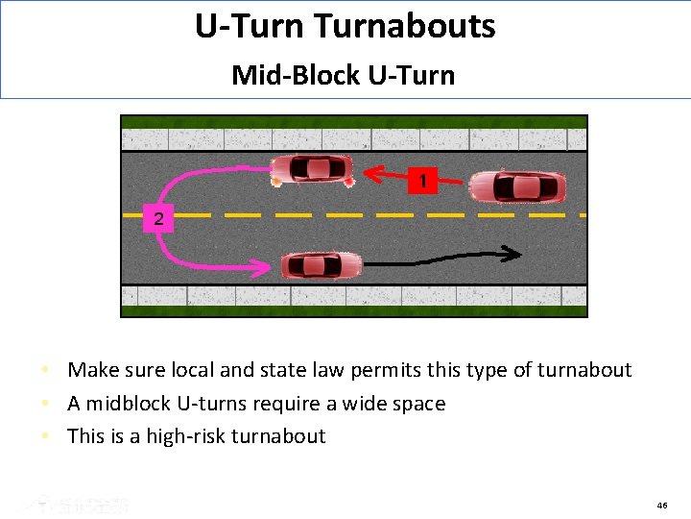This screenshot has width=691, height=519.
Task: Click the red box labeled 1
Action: pos(422,180)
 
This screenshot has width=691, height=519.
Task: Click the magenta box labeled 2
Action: pos(158,219)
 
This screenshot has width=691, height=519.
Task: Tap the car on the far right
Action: pos(515,185)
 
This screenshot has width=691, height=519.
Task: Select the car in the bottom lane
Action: pos(321,264)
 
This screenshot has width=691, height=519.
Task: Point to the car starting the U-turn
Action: pos(312,169)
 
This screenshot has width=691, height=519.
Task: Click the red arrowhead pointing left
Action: pos(372,174)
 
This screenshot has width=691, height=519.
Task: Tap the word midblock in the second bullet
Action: pos(136,404)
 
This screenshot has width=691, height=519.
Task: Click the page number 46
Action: pos(662,505)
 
